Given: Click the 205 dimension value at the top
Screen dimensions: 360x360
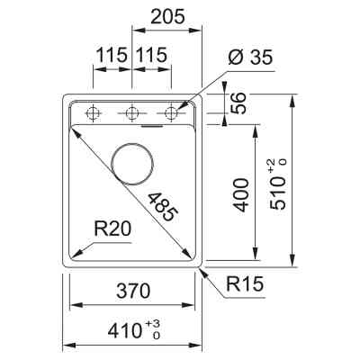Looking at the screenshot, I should tap(168, 16).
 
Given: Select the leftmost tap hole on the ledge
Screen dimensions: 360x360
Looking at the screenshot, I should tap(92, 113).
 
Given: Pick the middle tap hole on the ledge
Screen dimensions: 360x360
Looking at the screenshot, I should tap(132, 113).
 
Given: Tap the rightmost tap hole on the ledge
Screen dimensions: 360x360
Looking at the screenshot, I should tap(173, 113).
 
